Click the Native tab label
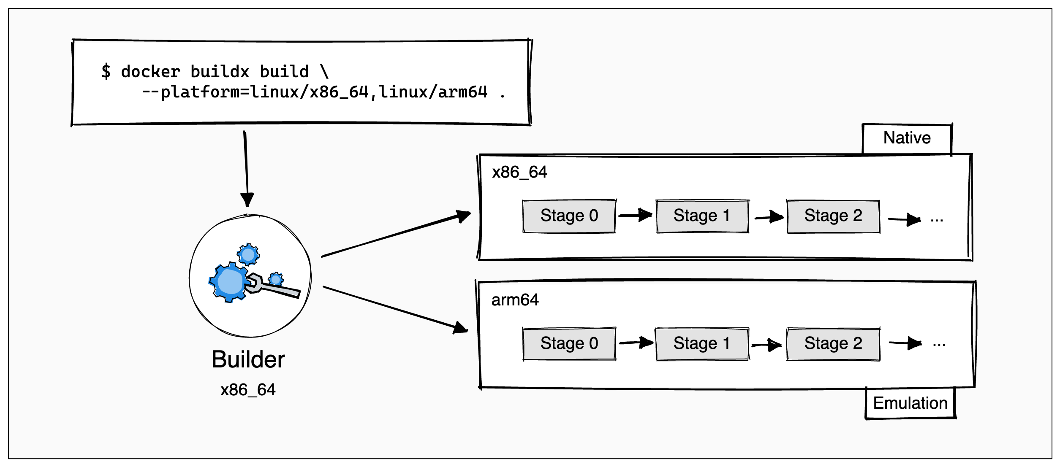coord(907,138)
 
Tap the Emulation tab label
coord(910,403)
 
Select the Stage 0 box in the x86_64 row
coord(569,216)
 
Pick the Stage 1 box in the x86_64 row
coord(702,216)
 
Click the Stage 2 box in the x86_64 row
coord(833,216)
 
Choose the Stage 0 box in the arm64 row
coord(569,343)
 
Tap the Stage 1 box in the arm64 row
coord(702,343)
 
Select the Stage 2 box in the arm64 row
coord(833,343)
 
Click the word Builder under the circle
coord(248,359)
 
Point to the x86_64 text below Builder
coord(248,390)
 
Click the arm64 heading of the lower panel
coord(515,300)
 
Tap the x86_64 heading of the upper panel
coord(519,172)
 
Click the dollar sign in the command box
coord(106,71)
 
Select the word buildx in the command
coord(220,72)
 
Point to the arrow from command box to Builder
coord(246,169)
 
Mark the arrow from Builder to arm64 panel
coord(395,308)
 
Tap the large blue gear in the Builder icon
coord(229,282)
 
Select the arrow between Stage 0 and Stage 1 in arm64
coord(636,343)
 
